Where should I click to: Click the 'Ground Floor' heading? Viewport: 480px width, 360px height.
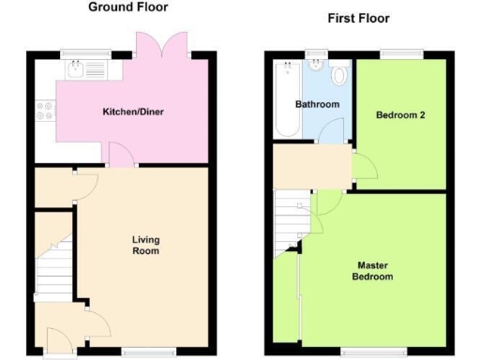pos(127,7)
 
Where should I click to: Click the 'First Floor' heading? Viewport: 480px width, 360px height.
pos(358,19)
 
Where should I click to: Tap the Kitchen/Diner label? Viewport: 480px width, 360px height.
pos(128,113)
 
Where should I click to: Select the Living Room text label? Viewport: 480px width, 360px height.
pos(145,246)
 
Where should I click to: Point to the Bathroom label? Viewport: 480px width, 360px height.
pos(317,104)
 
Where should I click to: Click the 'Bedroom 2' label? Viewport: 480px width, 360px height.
pos(398,115)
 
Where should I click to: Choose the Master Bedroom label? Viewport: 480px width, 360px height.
pos(372,271)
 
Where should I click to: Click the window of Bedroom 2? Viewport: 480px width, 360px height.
pos(405,52)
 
